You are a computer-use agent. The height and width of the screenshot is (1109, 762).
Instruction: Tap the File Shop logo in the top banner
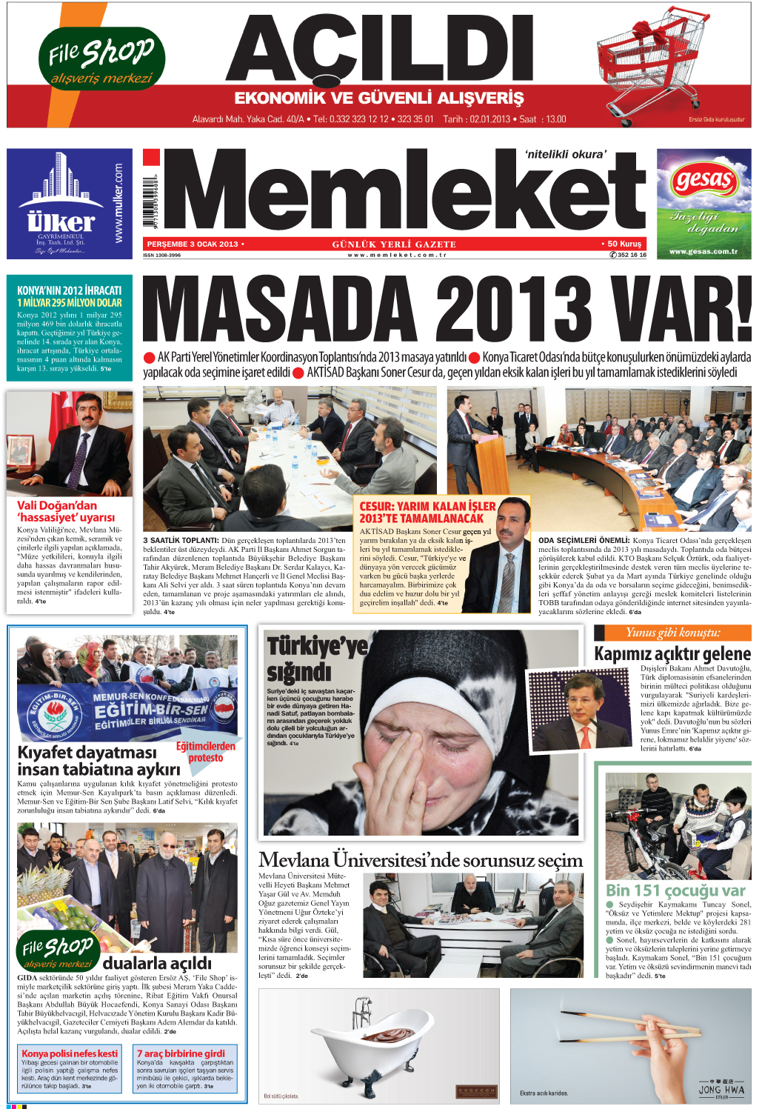[x=101, y=58]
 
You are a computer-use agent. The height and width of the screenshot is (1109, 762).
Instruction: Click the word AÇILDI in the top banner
[x=379, y=49]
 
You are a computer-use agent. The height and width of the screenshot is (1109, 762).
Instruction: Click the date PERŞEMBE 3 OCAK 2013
[x=193, y=244]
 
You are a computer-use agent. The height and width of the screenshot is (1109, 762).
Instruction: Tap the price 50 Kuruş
[x=622, y=244]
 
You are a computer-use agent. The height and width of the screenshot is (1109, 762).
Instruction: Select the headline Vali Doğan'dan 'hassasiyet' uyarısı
[x=66, y=511]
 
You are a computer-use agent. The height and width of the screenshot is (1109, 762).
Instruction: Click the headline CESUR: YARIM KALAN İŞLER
[x=427, y=512]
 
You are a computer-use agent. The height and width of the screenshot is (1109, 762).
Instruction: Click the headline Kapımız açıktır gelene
[x=672, y=653]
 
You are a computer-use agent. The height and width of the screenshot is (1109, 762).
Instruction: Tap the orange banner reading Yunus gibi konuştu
[x=672, y=632]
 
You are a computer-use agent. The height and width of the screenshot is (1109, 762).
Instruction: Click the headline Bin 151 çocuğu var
[x=675, y=890]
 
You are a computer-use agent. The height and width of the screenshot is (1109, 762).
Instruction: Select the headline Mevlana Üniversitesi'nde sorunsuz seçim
[x=421, y=860]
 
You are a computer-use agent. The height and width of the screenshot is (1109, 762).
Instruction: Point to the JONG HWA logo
[x=721, y=1090]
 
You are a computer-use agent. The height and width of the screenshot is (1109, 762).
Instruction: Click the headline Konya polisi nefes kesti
[x=70, y=1053]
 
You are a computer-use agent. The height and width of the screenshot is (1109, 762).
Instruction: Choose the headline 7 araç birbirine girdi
[x=181, y=1053]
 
